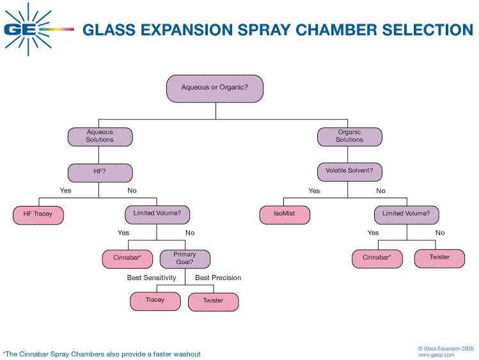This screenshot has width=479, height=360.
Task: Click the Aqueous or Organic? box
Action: tap(215, 88)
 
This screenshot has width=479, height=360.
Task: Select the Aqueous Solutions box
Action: tap(100, 136)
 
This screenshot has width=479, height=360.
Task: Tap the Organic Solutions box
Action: tap(350, 136)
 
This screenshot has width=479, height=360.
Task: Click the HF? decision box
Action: tap(100, 172)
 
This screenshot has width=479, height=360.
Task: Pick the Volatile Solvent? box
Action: tap(349, 172)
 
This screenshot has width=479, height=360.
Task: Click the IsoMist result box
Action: tap(284, 214)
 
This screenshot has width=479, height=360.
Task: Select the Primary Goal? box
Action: tap(185, 258)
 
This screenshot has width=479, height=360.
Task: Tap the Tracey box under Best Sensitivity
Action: tap(155, 301)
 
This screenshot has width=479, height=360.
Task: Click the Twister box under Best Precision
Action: tap(214, 301)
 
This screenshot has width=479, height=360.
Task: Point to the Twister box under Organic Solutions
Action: tap(439, 258)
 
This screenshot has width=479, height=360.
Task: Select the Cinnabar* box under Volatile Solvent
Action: tap(377, 258)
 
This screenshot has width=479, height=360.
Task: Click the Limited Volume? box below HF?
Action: tap(157, 214)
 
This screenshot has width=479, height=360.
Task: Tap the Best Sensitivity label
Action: tap(152, 278)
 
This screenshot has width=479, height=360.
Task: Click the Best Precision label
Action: tap(218, 278)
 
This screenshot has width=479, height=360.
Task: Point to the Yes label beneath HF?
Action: tap(65, 191)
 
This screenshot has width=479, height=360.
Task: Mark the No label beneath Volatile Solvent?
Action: tap(381, 191)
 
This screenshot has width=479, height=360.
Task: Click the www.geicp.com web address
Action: tap(436, 354)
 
